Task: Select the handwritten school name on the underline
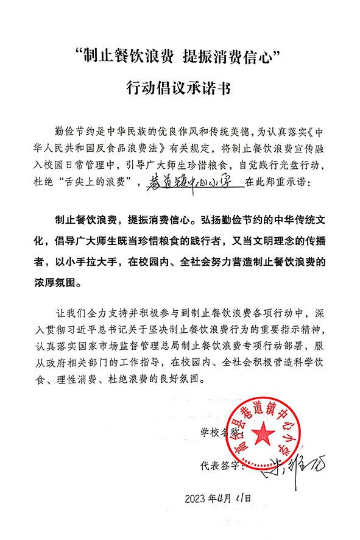tap(188, 182)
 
